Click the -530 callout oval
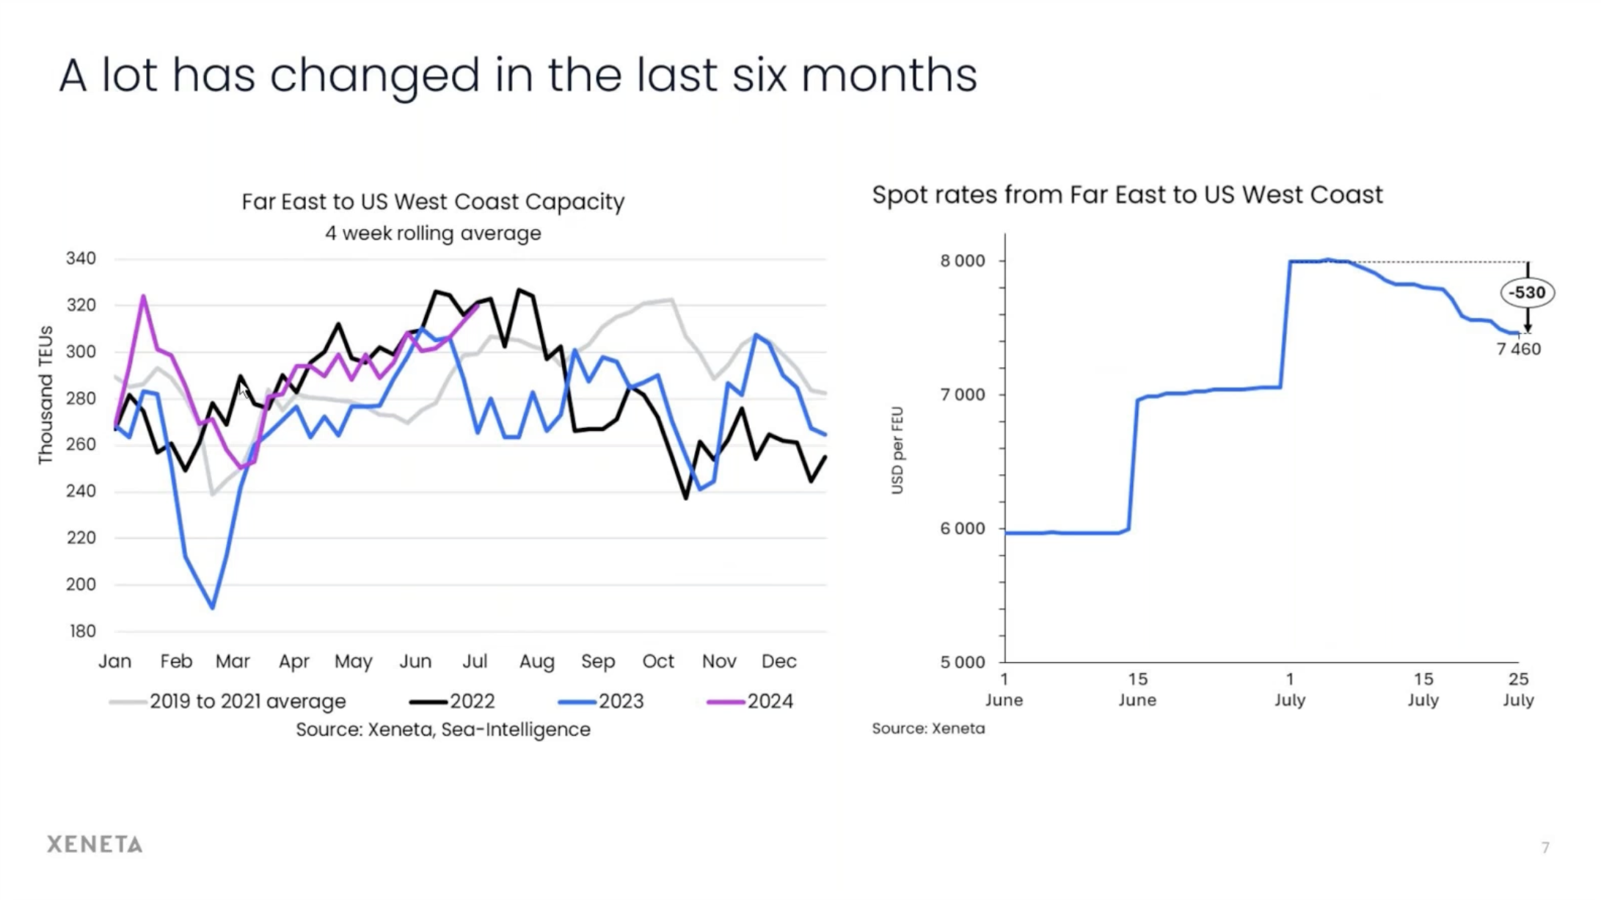point(1527,292)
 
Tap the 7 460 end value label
point(1518,349)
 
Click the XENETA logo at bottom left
point(95,844)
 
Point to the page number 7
point(1545,847)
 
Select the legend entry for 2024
point(750,701)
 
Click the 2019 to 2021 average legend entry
point(228,701)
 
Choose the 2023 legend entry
point(601,701)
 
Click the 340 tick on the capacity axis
point(81,258)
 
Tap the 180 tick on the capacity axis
point(81,631)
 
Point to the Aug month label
point(536,661)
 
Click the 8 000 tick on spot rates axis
point(963,261)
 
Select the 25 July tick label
point(1517,689)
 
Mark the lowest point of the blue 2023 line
point(213,607)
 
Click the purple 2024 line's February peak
point(143,297)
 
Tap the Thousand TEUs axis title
point(45,395)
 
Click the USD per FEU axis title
point(897,450)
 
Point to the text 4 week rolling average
point(433,233)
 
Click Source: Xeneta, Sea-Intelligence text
point(442,730)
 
